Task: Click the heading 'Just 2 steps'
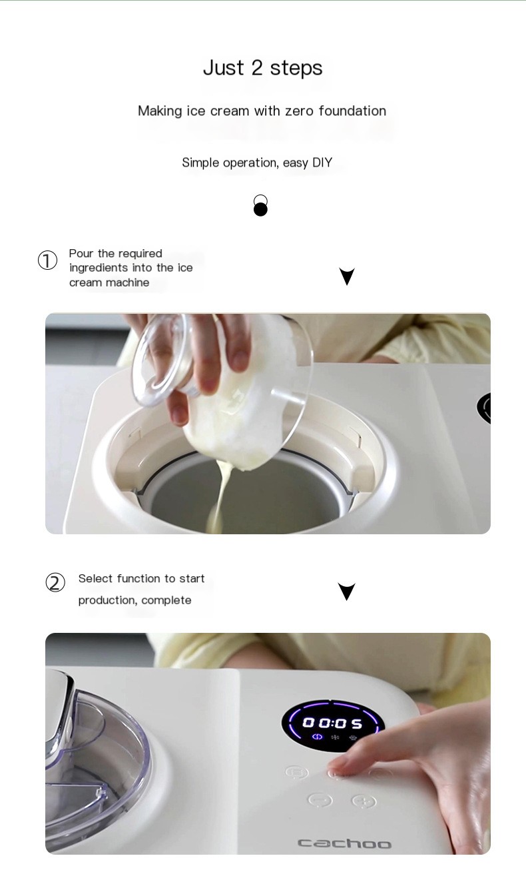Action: point(262,68)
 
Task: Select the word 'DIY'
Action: point(322,163)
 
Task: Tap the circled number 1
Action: point(47,260)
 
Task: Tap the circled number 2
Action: point(55,583)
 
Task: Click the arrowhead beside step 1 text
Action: point(347,276)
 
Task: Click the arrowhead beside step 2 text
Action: point(346,591)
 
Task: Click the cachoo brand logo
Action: point(345,843)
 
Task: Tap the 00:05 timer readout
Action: point(333,723)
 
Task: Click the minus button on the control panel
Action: point(320,799)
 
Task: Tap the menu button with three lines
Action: point(297,772)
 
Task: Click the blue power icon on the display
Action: point(318,737)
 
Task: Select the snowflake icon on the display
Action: point(336,737)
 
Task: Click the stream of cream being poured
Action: point(218,498)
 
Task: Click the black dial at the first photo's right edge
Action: point(484,408)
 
